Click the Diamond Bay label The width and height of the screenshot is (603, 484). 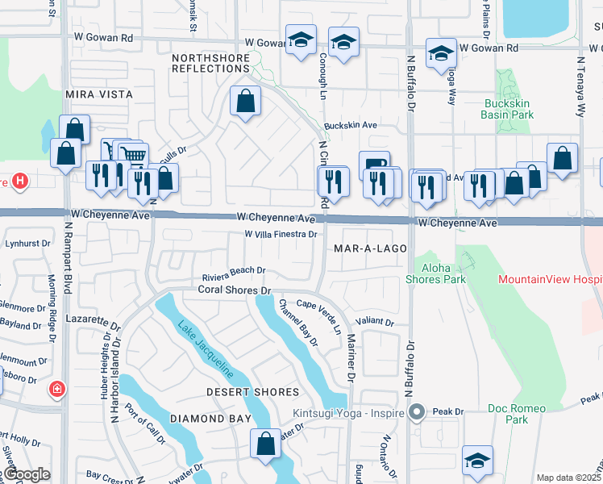click(x=205, y=419)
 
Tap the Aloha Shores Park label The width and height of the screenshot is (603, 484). click(x=443, y=273)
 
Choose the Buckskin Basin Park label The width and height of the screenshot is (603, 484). click(x=509, y=109)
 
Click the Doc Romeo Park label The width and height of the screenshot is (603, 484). click(x=508, y=414)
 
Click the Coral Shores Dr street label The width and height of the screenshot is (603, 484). click(x=232, y=290)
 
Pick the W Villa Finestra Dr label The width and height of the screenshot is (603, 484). click(x=281, y=234)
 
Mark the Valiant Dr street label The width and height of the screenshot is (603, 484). click(x=378, y=322)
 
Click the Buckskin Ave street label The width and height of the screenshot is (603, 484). click(x=351, y=126)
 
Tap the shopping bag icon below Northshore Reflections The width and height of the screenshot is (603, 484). click(x=245, y=102)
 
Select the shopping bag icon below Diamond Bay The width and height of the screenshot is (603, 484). click(x=265, y=444)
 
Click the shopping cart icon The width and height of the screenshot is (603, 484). click(x=134, y=155)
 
